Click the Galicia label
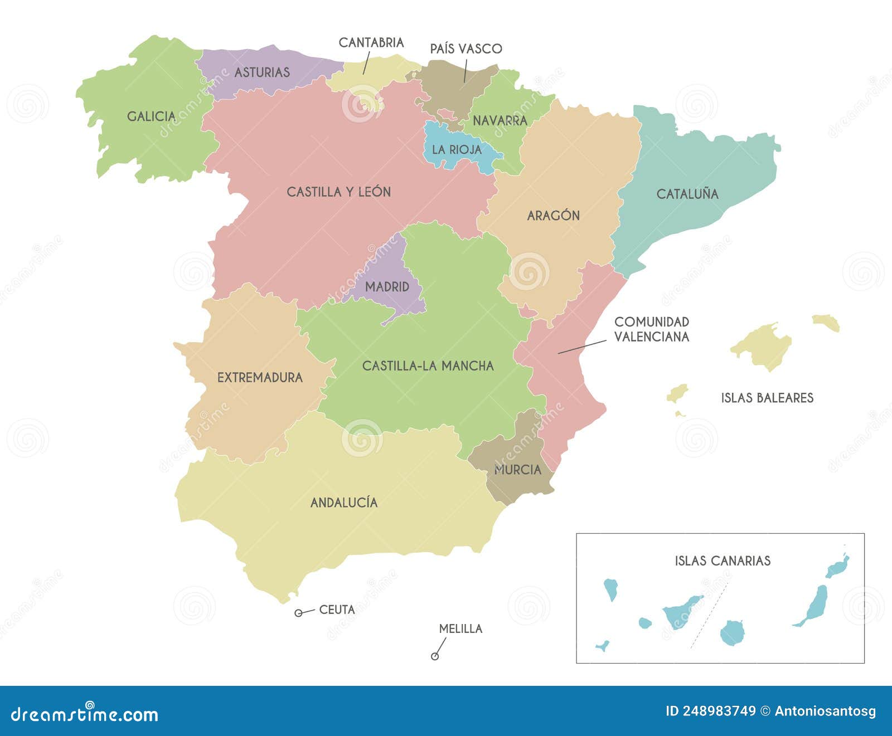[x=151, y=116]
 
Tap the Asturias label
[x=262, y=72]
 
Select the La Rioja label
[x=457, y=149]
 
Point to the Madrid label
[x=387, y=287]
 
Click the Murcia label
[x=517, y=470]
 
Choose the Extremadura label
[x=260, y=378]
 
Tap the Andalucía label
[x=344, y=503]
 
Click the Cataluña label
[x=687, y=194]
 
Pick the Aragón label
[x=553, y=216]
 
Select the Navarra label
[x=500, y=120]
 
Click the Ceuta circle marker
[x=298, y=613]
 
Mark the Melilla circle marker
[x=435, y=656]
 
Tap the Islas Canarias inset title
[x=723, y=560]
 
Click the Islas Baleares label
[x=767, y=398]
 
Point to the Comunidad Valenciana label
[x=652, y=329]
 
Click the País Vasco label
[x=466, y=49]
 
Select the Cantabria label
[x=371, y=43]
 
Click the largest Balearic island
[x=762, y=345]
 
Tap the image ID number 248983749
[x=710, y=711]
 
